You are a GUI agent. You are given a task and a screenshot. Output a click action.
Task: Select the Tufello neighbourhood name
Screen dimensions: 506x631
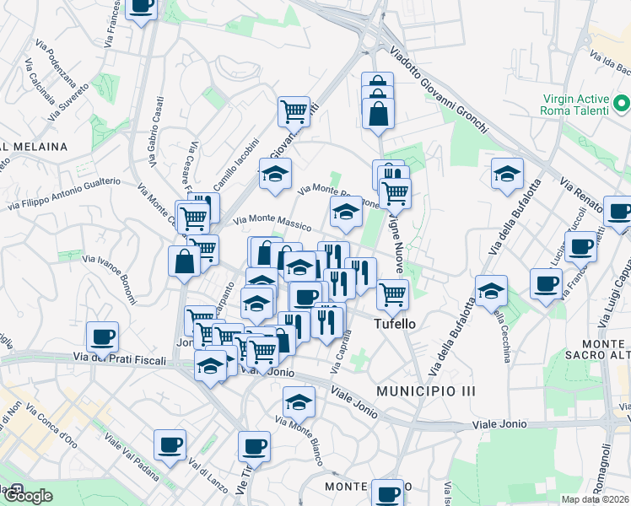(395, 324)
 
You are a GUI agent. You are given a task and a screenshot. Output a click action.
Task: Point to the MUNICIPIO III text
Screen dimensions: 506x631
(427, 391)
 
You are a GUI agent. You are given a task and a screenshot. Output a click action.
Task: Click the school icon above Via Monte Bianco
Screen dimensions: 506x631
(298, 401)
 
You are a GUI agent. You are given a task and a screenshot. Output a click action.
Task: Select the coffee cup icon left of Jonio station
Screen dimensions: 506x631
(103, 337)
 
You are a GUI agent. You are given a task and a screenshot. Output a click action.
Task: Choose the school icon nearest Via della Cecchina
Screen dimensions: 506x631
(491, 290)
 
